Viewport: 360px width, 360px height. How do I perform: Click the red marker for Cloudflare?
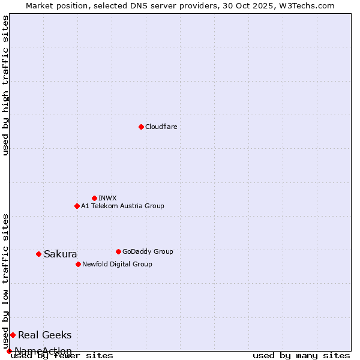(x=141, y=127)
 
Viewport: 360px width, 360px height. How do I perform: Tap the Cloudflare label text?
(x=161, y=127)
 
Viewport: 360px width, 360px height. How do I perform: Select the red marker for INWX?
(x=94, y=198)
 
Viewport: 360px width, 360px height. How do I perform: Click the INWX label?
(x=107, y=198)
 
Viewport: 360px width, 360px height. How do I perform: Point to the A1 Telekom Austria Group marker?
(x=77, y=206)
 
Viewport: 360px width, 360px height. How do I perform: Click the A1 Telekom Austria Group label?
(x=122, y=206)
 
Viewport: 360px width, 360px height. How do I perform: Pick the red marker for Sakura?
(x=38, y=254)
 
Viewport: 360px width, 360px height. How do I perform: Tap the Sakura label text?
(x=60, y=254)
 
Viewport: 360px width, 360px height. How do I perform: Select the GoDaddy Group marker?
(x=118, y=251)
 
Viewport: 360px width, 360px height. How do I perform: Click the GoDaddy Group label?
(x=148, y=251)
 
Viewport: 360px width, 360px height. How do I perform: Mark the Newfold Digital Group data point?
(x=78, y=264)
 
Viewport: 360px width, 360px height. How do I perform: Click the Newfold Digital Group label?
(x=117, y=264)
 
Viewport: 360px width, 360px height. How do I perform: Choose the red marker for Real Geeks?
(x=13, y=335)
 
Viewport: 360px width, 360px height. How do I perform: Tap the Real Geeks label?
(x=44, y=335)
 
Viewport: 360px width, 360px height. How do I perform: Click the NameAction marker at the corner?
(x=9, y=351)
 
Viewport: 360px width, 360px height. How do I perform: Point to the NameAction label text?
(x=43, y=351)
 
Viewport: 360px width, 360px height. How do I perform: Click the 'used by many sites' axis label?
(x=301, y=356)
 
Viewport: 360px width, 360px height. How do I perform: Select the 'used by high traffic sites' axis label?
(x=6, y=85)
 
